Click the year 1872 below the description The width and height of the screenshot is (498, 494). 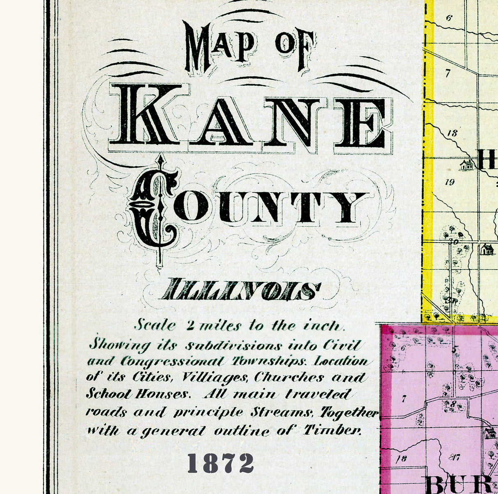tap(221, 463)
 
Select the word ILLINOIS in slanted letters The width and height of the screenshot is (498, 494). tap(240, 290)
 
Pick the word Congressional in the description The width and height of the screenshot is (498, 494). tap(173, 361)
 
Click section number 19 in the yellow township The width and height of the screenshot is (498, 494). tap(450, 182)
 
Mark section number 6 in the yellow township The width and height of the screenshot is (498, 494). tap(449, 18)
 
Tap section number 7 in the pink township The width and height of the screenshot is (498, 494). tap(404, 398)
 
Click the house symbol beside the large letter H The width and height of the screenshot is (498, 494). tap(466, 165)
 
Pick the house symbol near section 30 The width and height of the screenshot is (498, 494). tap(487, 249)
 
